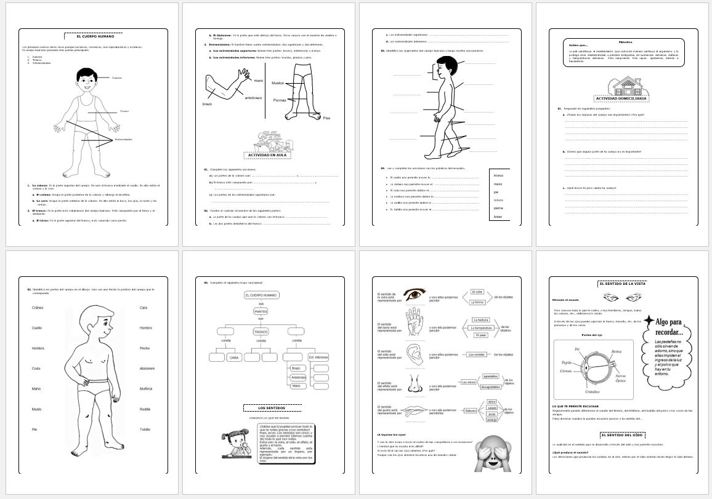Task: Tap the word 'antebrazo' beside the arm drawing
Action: coord(253,97)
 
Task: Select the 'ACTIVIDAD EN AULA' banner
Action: coord(269,154)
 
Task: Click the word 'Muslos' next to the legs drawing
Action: coord(278,82)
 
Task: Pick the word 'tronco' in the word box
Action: coord(499,175)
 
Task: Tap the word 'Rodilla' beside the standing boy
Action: coord(145,409)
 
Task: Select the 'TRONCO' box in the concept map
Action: coord(261,331)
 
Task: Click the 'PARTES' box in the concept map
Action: coord(261,311)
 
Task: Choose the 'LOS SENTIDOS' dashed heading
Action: coord(272,407)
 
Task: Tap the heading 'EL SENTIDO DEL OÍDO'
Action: coord(625,434)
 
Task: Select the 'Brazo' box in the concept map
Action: coord(296,368)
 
